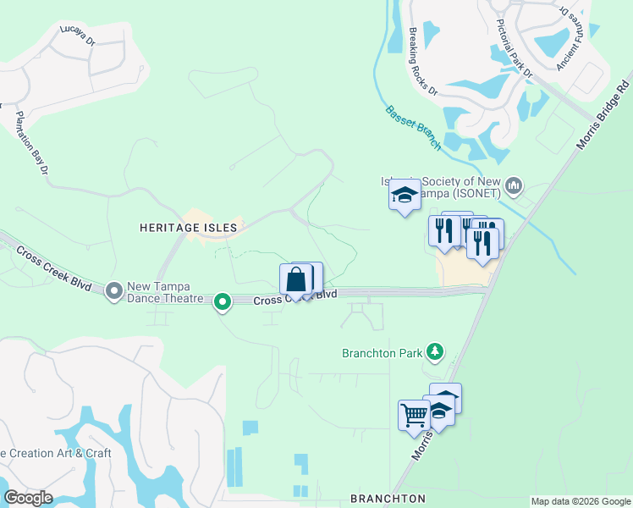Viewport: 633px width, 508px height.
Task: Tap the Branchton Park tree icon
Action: tap(435, 351)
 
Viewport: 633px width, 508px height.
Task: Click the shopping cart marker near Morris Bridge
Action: tap(414, 415)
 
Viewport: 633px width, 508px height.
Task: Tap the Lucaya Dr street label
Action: tap(80, 32)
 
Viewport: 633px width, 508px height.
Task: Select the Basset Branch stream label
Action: tap(413, 127)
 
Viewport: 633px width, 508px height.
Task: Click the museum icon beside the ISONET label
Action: tap(514, 185)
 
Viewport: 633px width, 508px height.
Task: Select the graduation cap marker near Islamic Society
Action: tap(405, 195)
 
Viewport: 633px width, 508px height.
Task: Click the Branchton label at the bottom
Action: tap(388, 499)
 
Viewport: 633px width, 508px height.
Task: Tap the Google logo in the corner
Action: tap(28, 498)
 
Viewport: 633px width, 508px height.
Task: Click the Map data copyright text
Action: tap(581, 501)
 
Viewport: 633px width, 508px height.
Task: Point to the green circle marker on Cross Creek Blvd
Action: tap(223, 301)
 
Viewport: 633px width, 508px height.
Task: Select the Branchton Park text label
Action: tap(381, 353)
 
